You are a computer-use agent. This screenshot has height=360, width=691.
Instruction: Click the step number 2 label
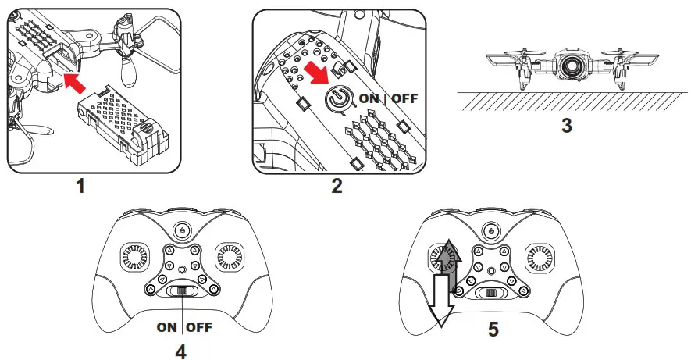tap(337, 186)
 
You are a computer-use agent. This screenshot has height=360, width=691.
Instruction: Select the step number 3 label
tap(567, 125)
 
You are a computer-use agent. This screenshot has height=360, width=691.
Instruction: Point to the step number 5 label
tap(493, 329)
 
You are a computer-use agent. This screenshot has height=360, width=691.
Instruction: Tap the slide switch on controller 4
tap(180, 291)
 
